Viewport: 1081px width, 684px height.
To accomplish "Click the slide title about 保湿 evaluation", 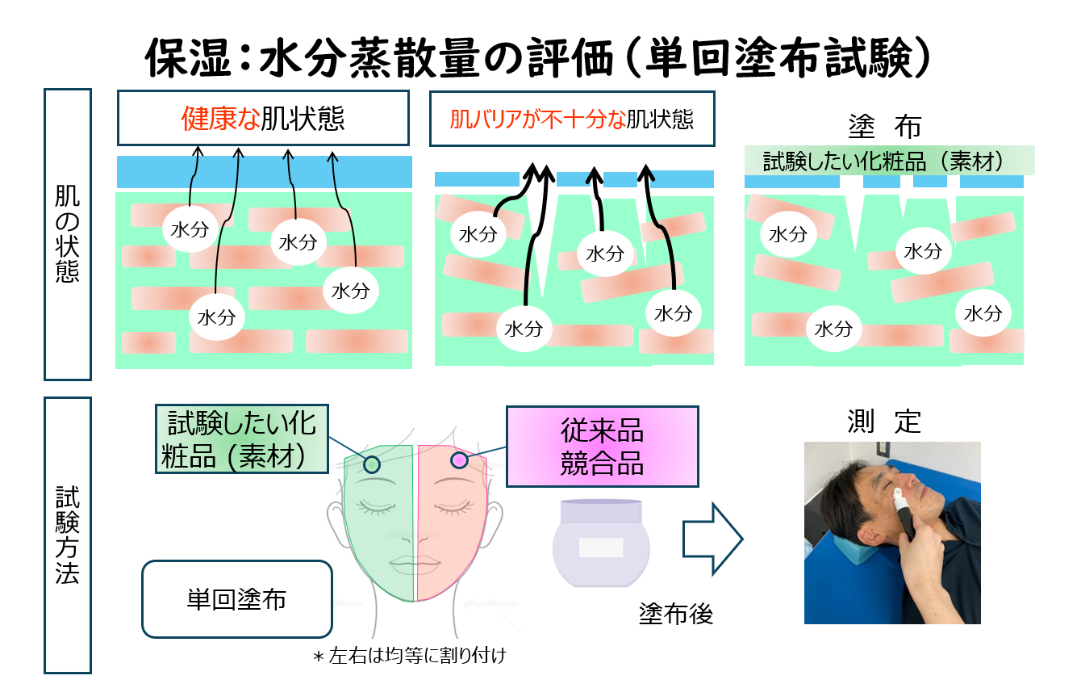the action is (x=537, y=58).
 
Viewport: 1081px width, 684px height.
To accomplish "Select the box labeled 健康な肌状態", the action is (x=264, y=118).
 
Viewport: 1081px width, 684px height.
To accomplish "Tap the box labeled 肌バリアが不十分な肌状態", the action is (x=572, y=119).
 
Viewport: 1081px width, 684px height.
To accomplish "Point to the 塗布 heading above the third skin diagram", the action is (x=885, y=127).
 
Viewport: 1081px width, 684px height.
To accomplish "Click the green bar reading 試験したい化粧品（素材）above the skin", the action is (x=890, y=161).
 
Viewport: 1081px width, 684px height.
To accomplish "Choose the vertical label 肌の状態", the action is (x=68, y=234).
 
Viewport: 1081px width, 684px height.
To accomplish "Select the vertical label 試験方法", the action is (x=68, y=535).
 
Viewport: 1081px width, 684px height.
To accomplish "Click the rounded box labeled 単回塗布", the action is (x=237, y=599).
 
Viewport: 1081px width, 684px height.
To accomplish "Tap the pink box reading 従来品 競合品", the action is (x=603, y=447).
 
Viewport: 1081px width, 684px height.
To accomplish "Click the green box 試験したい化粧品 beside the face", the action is (x=242, y=439).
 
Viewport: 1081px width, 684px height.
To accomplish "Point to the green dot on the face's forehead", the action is (x=372, y=464).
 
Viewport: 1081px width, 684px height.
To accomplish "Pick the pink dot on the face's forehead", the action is (x=459, y=459).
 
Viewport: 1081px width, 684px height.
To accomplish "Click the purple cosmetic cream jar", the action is (x=601, y=543).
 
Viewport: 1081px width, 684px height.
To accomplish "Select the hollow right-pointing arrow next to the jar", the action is (x=712, y=539).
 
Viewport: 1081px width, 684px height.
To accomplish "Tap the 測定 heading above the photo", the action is (x=884, y=422).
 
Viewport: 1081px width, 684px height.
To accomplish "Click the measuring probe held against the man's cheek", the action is (x=904, y=513).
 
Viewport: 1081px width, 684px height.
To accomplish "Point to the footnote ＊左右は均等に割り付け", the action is (x=410, y=656).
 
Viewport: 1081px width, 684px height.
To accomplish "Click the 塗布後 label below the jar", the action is (x=676, y=615).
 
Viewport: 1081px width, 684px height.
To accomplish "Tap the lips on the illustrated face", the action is (x=415, y=562).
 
